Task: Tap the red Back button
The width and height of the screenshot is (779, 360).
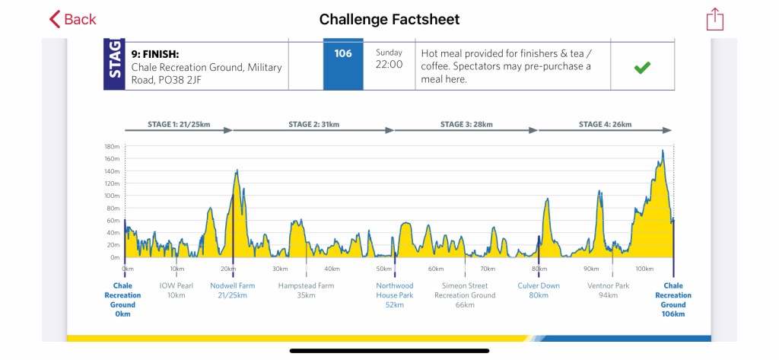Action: [x=73, y=19]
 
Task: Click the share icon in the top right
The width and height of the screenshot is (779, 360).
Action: [x=714, y=19]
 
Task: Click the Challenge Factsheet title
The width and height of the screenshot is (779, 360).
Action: [x=389, y=19]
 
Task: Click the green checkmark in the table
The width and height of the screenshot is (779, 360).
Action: [x=642, y=68]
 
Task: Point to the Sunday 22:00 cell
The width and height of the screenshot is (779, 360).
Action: [x=389, y=59]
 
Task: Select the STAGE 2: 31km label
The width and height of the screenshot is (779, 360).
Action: [x=313, y=124]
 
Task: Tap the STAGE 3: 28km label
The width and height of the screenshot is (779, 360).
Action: [x=467, y=124]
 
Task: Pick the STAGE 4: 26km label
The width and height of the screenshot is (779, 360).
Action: [x=605, y=124]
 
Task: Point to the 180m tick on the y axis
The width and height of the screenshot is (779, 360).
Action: [x=112, y=146]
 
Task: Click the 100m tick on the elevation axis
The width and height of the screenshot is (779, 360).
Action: [x=112, y=196]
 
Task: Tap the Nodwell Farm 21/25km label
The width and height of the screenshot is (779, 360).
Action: [x=232, y=290]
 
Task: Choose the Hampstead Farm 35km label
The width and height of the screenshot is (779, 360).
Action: [x=306, y=290]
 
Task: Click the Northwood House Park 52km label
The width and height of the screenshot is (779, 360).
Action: [x=394, y=295]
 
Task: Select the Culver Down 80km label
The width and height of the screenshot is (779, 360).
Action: [x=539, y=290]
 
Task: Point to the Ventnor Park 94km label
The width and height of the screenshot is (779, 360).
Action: [x=608, y=290]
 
